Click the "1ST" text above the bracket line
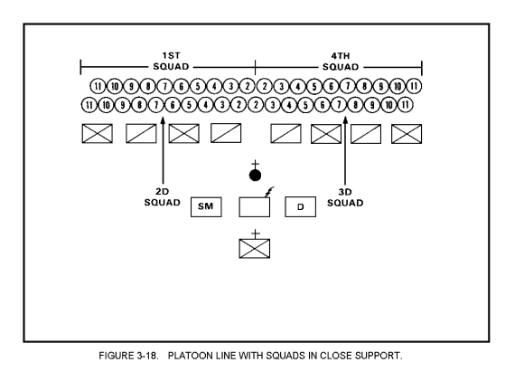(171, 55)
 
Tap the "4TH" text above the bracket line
(341, 55)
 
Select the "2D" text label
(163, 192)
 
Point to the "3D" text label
(345, 192)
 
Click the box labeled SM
(206, 207)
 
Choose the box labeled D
(301, 207)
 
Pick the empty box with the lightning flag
(254, 207)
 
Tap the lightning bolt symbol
(269, 192)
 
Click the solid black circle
(255, 175)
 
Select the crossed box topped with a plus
(254, 248)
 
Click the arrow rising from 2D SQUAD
(164, 150)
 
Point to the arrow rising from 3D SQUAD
(345, 150)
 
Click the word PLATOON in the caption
(190, 356)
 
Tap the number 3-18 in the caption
(147, 356)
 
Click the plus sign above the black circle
(255, 165)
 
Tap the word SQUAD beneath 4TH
(341, 67)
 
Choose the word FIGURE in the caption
(116, 356)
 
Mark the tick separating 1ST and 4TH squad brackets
(256, 67)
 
